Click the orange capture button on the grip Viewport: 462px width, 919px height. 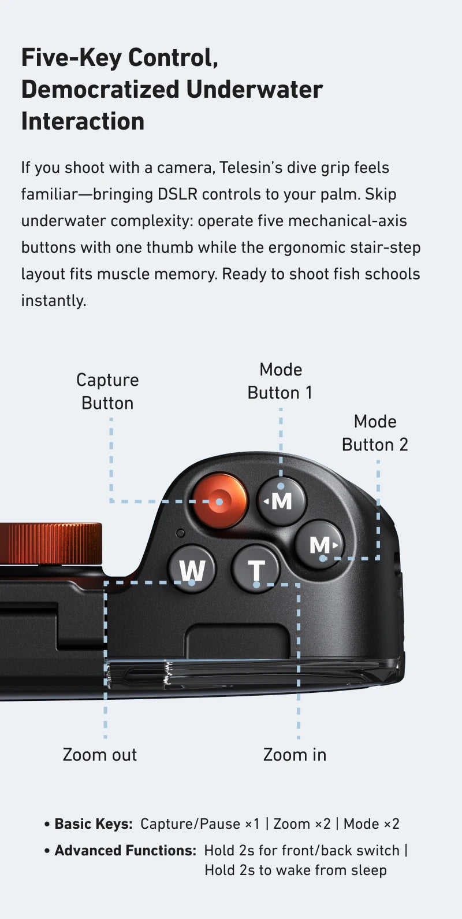pos(220,501)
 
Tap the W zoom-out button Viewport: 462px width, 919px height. pos(192,568)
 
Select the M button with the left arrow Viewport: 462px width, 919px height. pos(281,501)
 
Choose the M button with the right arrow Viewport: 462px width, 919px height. pos(320,544)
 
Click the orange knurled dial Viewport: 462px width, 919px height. pos(51,543)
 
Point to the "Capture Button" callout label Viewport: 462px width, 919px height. pos(108,392)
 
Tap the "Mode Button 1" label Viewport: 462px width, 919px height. pos(280,381)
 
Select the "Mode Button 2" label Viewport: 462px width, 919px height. pos(375,433)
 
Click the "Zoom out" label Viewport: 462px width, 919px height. pos(99,755)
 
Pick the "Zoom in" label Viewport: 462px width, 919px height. pos(295,755)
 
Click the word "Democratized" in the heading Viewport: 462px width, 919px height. pos(100,90)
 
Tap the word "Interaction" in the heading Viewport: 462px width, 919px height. pos(83,121)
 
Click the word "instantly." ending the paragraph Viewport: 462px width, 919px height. pos(54,301)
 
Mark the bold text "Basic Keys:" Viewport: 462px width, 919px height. pos(94,824)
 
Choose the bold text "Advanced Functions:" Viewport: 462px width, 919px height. pos(125,851)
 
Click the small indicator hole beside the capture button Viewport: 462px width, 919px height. pos(180,533)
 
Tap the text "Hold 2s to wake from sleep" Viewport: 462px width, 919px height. pos(296,870)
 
